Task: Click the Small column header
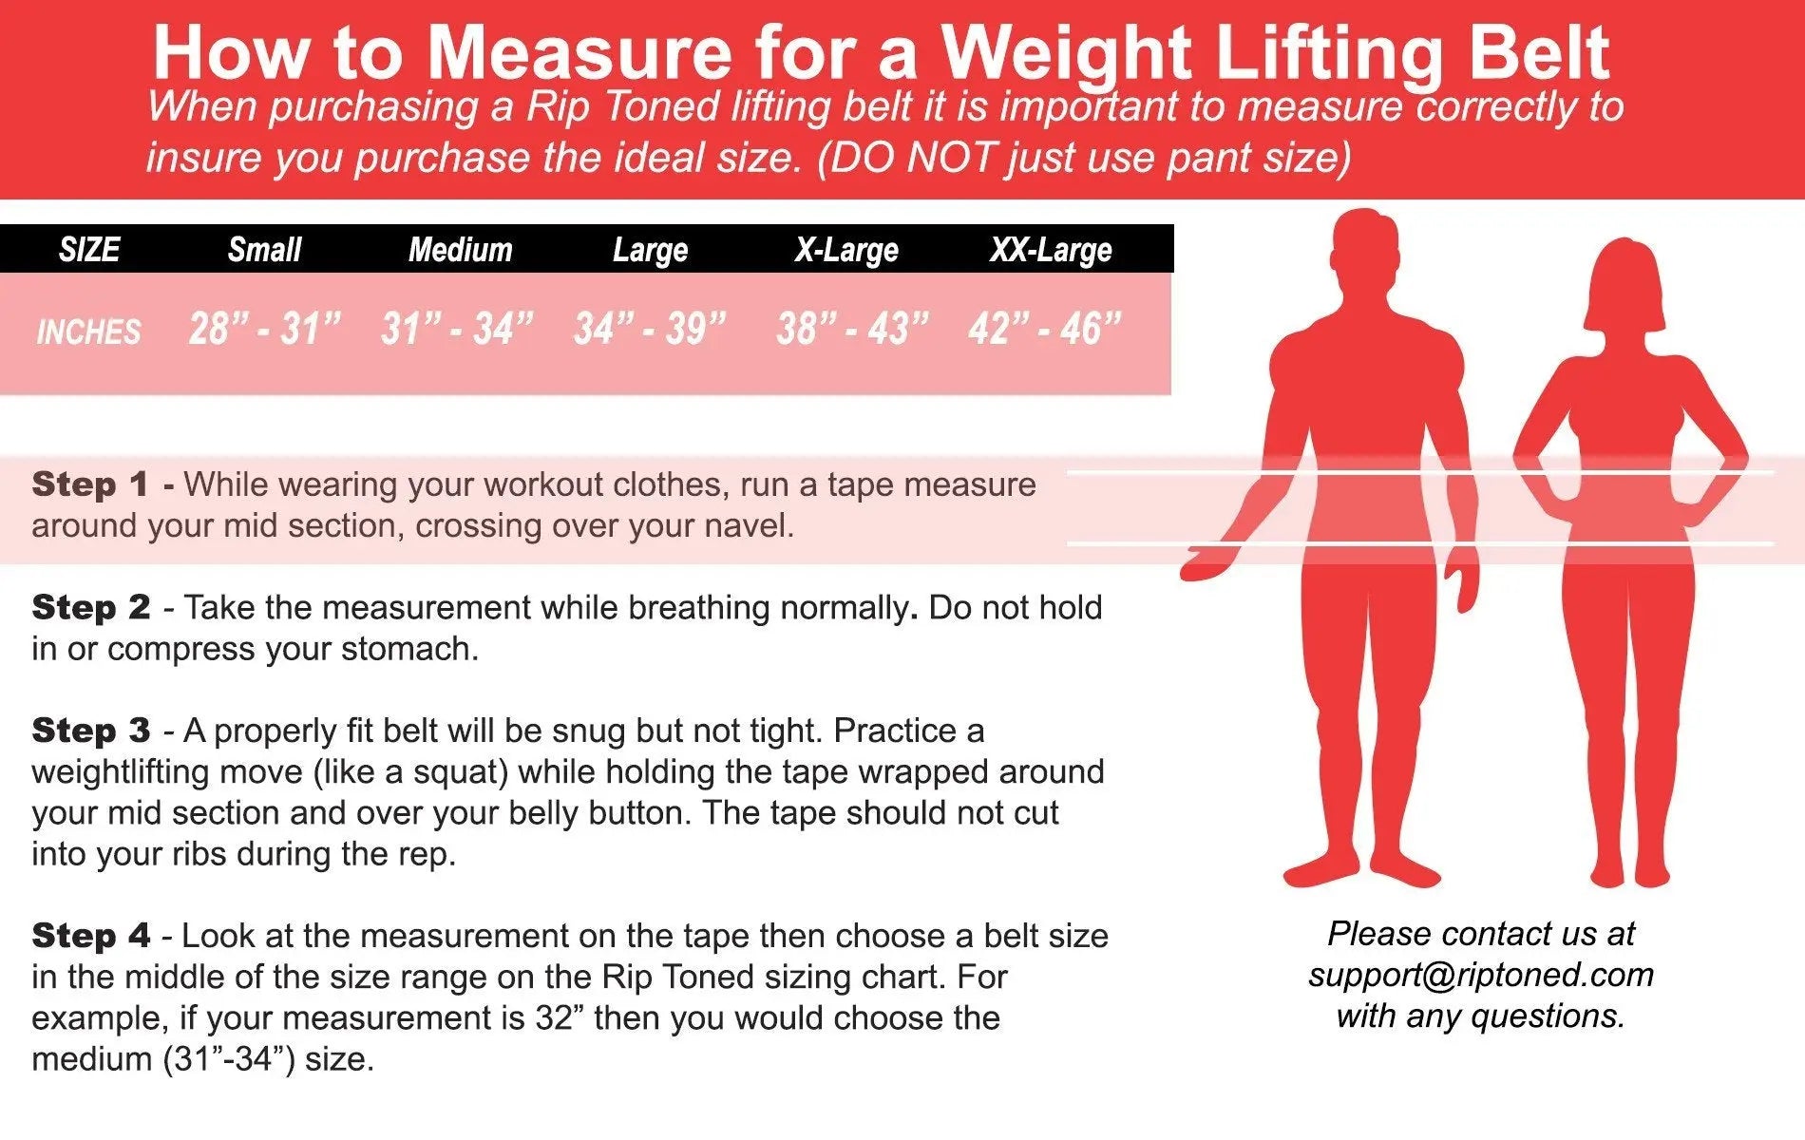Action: pos(264,250)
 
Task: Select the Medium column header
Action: pos(460,250)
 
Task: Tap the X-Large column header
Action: pos(846,250)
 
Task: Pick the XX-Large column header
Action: pos(1051,250)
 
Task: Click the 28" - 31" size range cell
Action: pos(264,329)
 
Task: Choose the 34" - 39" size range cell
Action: pos(650,329)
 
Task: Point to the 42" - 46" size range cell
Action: pos(1045,329)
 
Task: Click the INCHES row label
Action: pos(88,332)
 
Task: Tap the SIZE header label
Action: pos(89,250)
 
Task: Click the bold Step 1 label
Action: pos(90,484)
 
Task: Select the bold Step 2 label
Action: pos(90,607)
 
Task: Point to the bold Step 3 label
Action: pos(90,731)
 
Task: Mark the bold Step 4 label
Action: pos(90,936)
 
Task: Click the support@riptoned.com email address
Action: pos(1481,976)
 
